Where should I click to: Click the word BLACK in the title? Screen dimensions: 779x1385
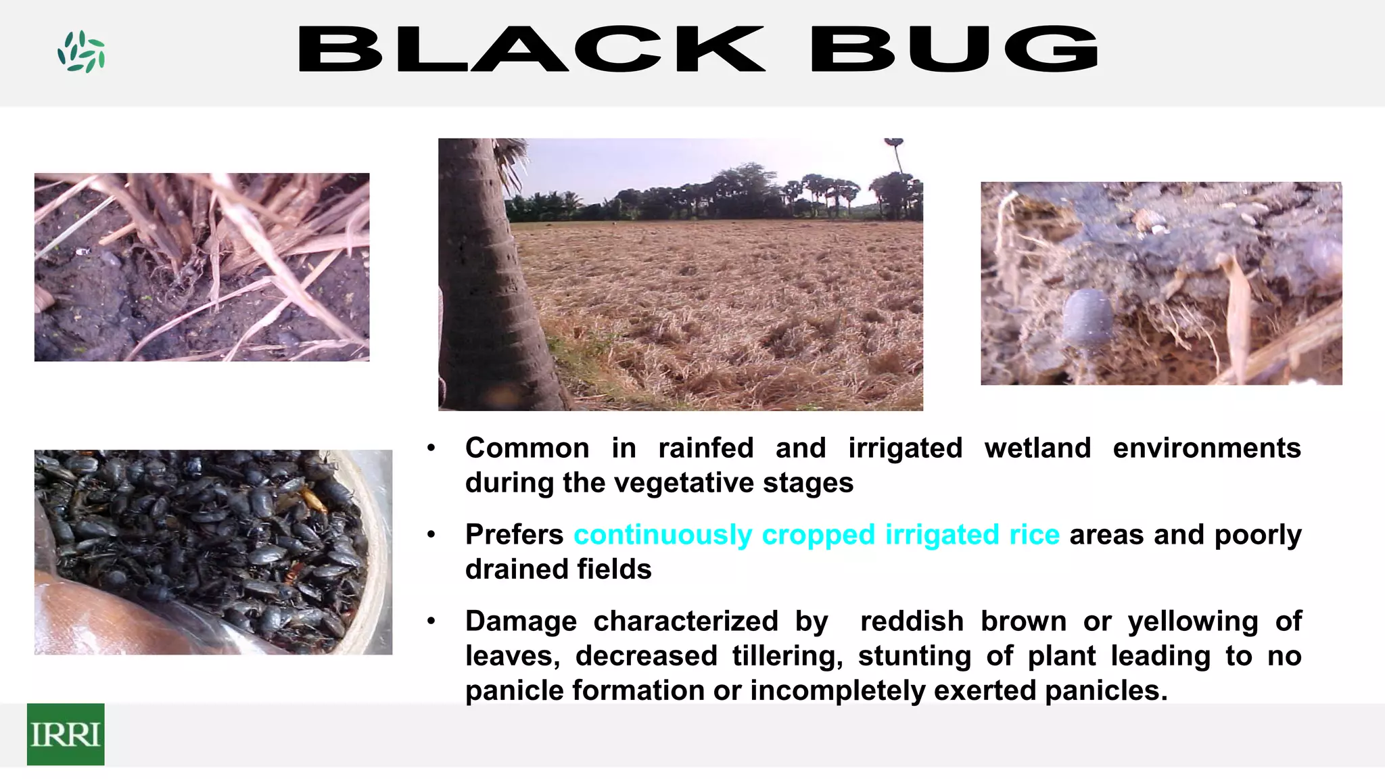pos(532,49)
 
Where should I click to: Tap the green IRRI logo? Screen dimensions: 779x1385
pos(66,734)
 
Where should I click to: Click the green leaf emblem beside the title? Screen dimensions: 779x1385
pos(81,51)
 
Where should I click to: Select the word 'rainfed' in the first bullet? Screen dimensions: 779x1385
pos(706,448)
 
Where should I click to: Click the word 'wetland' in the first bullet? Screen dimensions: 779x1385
pos(1037,448)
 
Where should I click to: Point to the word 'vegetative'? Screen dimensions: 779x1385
pos(684,483)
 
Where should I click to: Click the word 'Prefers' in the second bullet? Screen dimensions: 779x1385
pos(514,535)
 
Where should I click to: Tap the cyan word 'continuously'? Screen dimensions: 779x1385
pos(663,535)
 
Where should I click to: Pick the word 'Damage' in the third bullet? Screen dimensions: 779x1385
pos(521,621)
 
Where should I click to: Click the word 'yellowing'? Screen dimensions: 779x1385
pos(1193,621)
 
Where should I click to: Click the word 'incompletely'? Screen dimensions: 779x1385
pos(837,690)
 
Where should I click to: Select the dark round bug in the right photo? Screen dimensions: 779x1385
pos(1088,316)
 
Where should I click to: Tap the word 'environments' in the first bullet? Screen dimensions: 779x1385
pos(1206,448)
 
